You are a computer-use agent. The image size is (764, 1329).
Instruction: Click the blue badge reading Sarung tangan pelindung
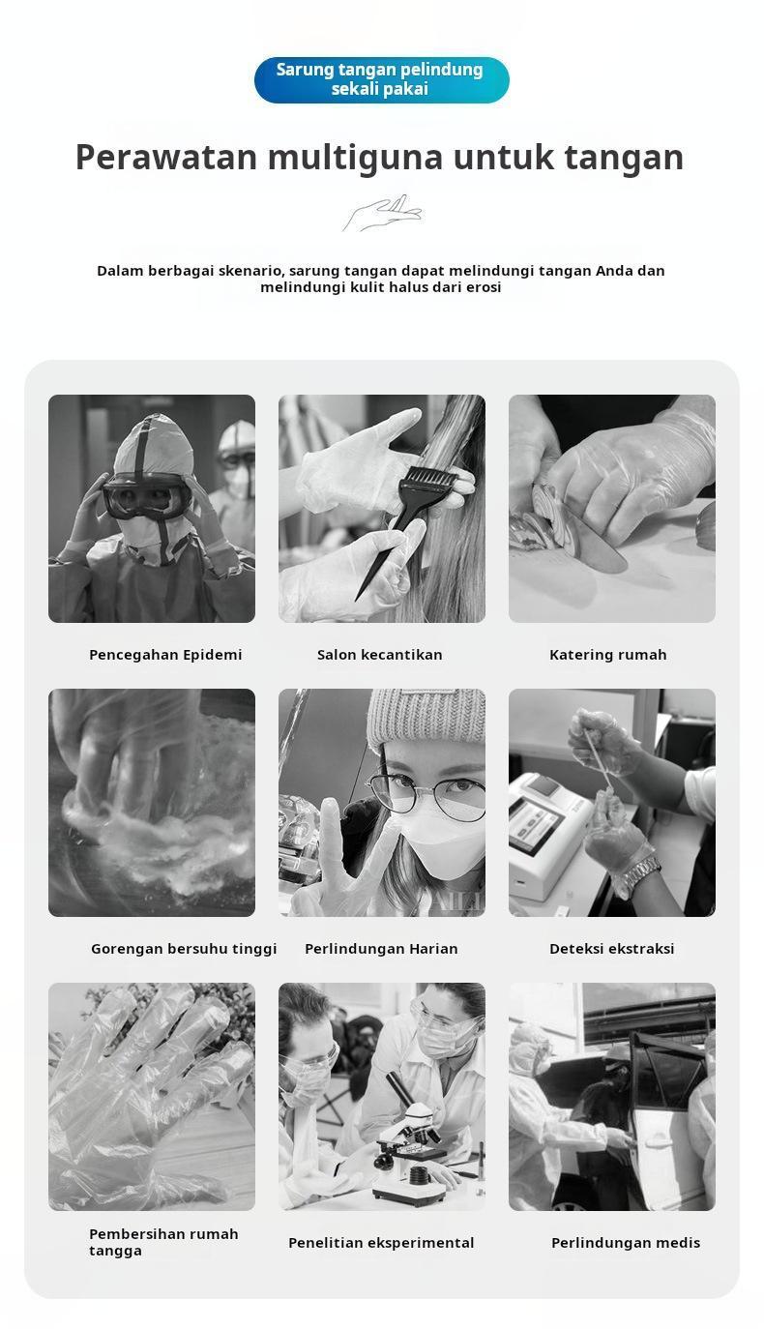pyautogui.click(x=381, y=79)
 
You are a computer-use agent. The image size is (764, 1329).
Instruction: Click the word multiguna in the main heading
pyautogui.click(x=355, y=157)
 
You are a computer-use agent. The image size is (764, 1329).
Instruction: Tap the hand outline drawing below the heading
pyautogui.click(x=382, y=213)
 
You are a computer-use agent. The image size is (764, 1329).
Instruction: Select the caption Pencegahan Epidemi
pyautogui.click(x=165, y=655)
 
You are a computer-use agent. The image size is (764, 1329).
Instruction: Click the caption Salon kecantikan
pyautogui.click(x=380, y=655)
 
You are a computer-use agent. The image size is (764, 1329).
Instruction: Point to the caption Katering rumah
pyautogui.click(x=608, y=655)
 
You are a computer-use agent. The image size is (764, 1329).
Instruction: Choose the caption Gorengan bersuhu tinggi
pyautogui.click(x=184, y=949)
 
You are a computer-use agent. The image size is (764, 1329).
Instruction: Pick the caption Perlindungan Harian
pyautogui.click(x=381, y=949)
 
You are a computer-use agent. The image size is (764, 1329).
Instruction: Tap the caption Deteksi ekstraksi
pyautogui.click(x=612, y=949)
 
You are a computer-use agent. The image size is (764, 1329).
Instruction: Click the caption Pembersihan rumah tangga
pyautogui.click(x=163, y=1242)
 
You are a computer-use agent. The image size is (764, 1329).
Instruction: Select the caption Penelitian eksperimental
pyautogui.click(x=381, y=1243)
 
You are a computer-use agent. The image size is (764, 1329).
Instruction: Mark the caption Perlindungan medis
pyautogui.click(x=626, y=1243)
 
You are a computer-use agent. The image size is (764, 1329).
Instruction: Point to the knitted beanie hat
pyautogui.click(x=426, y=716)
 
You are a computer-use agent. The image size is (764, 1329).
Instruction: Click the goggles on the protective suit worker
pyautogui.click(x=147, y=495)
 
